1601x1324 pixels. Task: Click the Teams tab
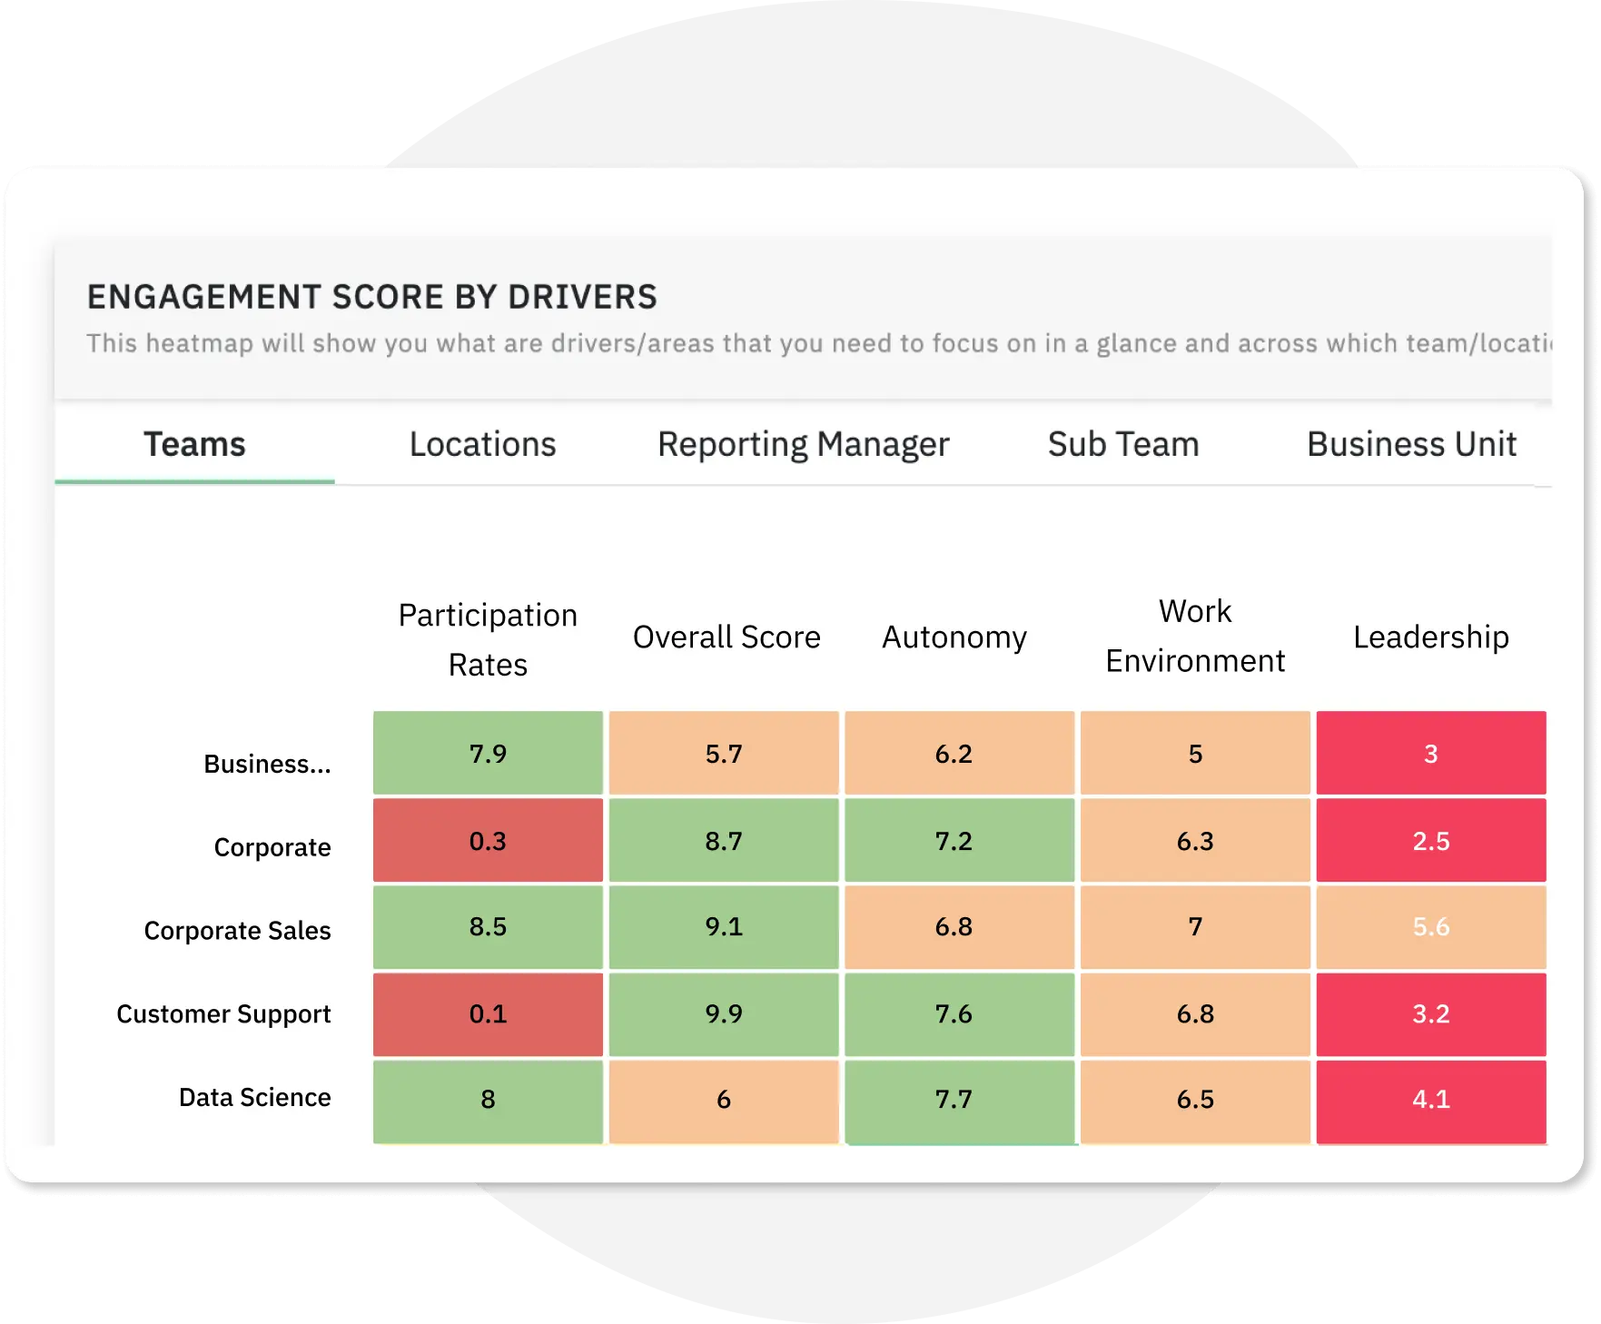[x=194, y=445]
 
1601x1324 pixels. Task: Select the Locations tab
[x=482, y=445]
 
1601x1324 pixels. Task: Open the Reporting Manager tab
[x=803, y=445]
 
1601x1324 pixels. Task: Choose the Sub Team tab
[x=1123, y=445]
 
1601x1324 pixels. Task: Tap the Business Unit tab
[x=1411, y=445]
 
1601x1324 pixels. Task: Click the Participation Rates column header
[x=488, y=639]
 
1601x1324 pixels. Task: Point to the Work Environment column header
[x=1195, y=636]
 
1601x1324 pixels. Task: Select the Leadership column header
[x=1430, y=637]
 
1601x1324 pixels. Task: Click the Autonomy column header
[x=954, y=637]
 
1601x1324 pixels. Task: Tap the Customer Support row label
[x=223, y=1014]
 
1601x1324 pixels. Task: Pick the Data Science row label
[x=254, y=1098]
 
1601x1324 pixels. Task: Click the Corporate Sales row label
[x=237, y=931]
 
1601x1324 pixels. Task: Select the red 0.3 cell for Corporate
[x=488, y=841]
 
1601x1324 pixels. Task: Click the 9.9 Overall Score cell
[x=724, y=1014]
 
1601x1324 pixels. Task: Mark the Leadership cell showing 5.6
[x=1430, y=927]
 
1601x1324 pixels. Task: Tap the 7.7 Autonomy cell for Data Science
[x=954, y=1100]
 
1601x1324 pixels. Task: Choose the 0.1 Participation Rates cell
[x=488, y=1014]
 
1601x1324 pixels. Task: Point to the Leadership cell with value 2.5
[x=1430, y=841]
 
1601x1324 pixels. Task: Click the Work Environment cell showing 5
[x=1195, y=754]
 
